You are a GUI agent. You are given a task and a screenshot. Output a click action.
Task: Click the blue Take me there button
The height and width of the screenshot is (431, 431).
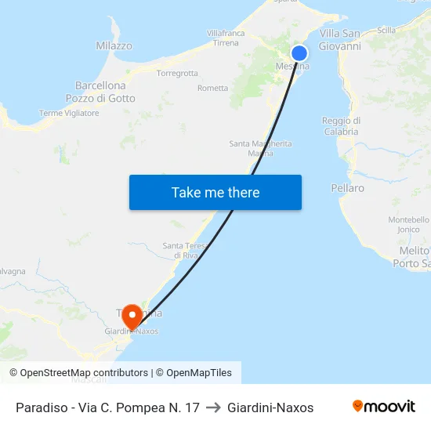point(215,193)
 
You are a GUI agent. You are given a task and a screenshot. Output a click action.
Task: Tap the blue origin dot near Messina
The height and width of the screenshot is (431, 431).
point(299,53)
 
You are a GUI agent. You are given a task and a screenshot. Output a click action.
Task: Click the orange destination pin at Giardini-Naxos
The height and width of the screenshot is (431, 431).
point(132,316)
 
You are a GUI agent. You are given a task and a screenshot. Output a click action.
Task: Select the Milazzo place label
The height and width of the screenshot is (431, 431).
point(114,46)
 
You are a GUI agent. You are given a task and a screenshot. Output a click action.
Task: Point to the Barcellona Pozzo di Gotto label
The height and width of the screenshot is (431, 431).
point(100,92)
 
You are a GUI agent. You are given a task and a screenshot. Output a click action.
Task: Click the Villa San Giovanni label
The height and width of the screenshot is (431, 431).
point(340,39)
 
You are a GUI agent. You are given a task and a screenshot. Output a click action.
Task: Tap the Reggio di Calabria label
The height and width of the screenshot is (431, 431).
point(341,126)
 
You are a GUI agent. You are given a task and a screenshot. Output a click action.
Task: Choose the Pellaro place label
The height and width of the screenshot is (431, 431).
point(348,188)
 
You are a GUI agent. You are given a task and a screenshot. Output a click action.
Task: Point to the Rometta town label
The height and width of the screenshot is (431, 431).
point(213,89)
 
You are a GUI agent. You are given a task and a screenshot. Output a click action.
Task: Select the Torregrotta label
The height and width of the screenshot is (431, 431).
point(177,74)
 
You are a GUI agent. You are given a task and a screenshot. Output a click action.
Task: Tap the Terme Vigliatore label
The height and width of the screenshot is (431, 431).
point(69,114)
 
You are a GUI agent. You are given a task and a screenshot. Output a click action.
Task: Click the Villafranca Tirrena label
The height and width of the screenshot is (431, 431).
point(226,38)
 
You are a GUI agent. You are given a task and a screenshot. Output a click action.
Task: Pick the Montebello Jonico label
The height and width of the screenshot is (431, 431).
point(409,225)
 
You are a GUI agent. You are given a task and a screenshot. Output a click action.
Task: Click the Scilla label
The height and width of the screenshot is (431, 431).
point(386,30)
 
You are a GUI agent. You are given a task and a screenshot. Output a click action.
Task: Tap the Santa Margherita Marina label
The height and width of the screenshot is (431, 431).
point(260,148)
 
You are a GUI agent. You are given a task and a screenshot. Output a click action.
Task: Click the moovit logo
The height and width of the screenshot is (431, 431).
point(384,407)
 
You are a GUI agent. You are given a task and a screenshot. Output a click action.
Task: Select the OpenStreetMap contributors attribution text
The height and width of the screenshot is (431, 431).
point(78,373)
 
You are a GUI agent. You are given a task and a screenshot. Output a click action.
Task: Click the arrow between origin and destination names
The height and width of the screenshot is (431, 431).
point(213,407)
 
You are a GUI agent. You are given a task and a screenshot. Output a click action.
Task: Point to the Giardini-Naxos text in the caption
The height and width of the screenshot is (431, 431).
point(270,407)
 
